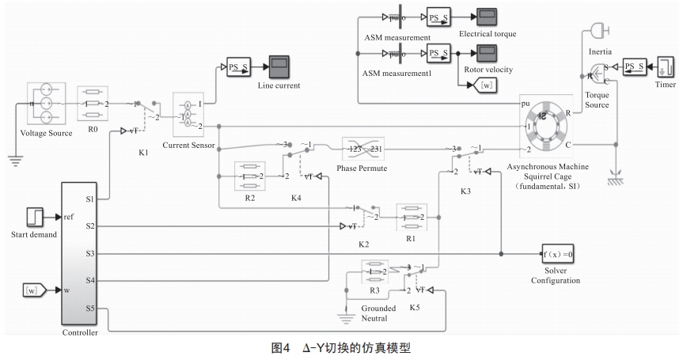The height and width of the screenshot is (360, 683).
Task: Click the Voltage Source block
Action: tap(49, 104)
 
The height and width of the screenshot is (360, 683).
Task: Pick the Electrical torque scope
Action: tap(486, 18)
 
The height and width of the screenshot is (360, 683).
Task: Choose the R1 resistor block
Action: tap(412, 215)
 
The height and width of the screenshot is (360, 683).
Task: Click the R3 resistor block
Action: tap(377, 271)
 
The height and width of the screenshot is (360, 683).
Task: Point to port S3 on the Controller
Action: tap(90, 253)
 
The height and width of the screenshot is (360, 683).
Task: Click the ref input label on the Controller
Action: tap(69, 215)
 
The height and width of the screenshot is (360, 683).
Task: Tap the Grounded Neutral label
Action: tap(374, 313)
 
